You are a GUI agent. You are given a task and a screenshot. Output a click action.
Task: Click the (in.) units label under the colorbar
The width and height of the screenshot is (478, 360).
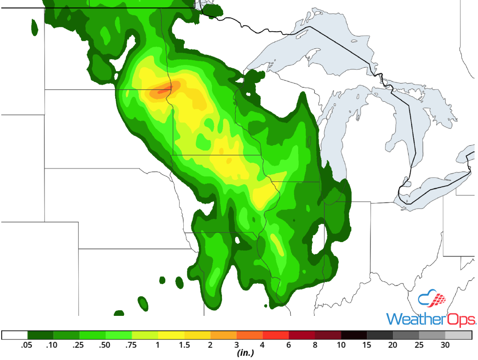pos(245,353)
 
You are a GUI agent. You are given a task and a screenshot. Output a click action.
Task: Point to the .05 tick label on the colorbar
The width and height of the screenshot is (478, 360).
pos(27,345)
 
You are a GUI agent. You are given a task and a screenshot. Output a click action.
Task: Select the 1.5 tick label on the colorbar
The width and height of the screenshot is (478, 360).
pos(184,345)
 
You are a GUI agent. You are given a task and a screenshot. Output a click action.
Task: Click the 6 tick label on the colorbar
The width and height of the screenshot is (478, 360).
pos(289,345)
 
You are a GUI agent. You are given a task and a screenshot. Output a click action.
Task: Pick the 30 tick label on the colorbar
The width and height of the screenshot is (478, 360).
pos(445,345)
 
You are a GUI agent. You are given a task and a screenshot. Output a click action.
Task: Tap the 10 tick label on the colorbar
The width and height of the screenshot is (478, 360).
pos(341,345)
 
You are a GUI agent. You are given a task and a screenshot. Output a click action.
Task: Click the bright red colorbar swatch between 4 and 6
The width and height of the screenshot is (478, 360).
pos(275,335)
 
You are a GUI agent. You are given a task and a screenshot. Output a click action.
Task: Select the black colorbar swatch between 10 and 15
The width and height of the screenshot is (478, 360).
pos(354,335)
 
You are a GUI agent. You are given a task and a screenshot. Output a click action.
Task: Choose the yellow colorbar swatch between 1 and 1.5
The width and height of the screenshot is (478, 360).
pos(171,335)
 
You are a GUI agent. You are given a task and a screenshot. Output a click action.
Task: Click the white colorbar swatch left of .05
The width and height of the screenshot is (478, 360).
pos(15,335)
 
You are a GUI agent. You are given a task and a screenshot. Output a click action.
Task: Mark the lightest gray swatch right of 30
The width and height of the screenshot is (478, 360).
pos(459,335)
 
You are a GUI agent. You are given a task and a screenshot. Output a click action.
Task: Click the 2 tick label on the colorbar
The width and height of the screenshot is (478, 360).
pos(210,345)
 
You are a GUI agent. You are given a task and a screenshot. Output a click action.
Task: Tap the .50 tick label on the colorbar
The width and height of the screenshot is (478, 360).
pos(106,345)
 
